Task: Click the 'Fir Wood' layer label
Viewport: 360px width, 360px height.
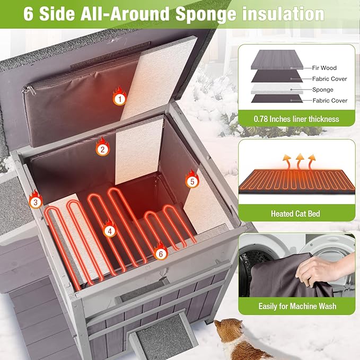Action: [324, 68]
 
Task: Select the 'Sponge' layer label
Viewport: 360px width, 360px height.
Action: [322, 90]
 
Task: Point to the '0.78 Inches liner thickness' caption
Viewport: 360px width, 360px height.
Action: [296, 119]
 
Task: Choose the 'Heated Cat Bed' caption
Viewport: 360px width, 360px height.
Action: [296, 214]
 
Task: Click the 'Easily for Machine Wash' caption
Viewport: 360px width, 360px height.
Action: [297, 306]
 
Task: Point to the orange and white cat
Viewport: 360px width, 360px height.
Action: [239, 340]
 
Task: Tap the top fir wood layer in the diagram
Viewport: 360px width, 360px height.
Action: [277, 59]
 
